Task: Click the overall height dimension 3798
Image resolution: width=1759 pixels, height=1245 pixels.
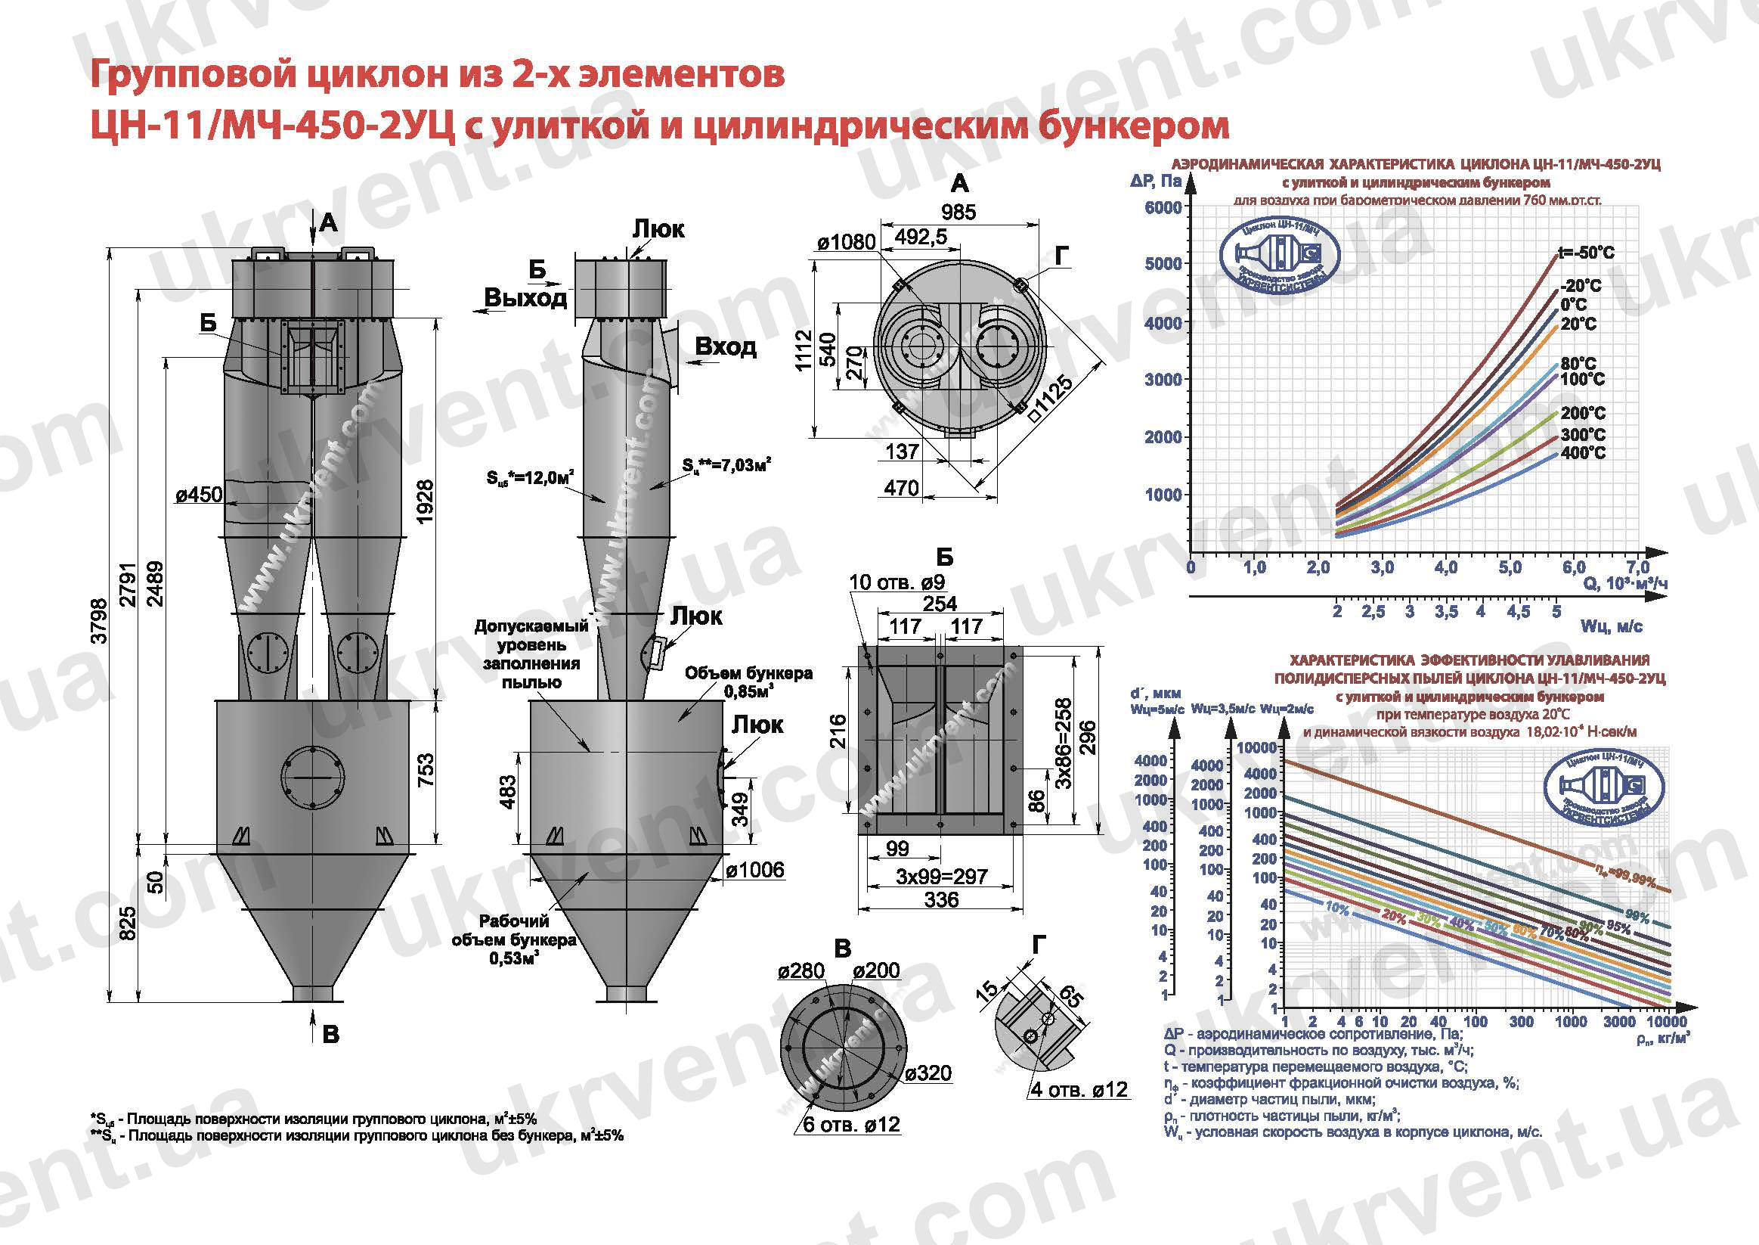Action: tap(100, 621)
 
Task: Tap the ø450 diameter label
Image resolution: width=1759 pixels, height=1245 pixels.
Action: tap(198, 495)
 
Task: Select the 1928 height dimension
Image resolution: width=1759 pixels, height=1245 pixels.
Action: tap(425, 501)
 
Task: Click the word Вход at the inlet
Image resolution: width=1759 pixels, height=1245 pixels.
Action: tap(725, 346)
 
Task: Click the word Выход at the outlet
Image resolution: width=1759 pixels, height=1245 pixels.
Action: tap(525, 297)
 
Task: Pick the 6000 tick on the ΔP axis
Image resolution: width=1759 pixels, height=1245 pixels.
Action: tap(1163, 208)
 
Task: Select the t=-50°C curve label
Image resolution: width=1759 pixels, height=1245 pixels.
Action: tap(1586, 253)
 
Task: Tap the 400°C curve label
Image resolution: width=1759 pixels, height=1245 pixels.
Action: tap(1583, 453)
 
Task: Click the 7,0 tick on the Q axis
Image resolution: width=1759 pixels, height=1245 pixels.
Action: tap(1638, 568)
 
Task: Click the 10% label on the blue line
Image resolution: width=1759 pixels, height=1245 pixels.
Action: tap(1337, 908)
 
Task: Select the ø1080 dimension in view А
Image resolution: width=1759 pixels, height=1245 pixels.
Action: tap(845, 243)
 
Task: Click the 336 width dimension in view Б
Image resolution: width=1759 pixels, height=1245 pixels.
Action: tap(941, 900)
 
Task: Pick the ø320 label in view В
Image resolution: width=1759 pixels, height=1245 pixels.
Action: tap(928, 1073)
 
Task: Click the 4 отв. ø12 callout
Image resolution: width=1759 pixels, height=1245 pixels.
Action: tap(1079, 1089)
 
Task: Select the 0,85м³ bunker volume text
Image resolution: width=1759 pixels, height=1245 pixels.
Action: tap(748, 691)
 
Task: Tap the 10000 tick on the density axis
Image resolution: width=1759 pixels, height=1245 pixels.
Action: tap(1665, 1022)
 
